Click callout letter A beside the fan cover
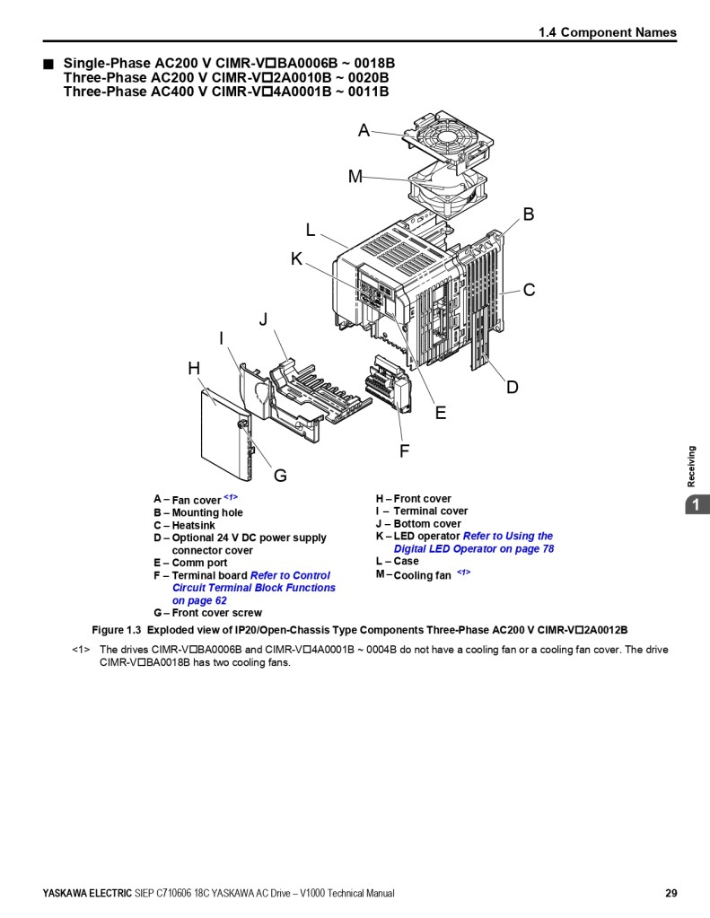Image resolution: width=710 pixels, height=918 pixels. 364,130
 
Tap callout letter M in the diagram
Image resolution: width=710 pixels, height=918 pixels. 355,176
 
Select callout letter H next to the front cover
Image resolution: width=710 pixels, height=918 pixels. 194,368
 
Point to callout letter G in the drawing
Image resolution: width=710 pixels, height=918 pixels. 281,476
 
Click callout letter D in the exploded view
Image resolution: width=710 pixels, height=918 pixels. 513,387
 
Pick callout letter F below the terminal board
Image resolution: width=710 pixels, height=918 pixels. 404,450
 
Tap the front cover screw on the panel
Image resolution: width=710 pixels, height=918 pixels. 241,424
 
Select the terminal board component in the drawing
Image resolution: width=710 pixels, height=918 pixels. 387,384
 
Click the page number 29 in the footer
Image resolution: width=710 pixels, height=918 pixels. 671,894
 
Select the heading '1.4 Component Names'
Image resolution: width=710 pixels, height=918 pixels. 608,33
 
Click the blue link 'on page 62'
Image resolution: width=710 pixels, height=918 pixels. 199,600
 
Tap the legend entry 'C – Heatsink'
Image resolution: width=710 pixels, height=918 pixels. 185,525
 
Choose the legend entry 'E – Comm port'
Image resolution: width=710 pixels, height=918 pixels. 190,563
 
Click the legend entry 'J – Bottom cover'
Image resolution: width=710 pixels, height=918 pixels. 418,524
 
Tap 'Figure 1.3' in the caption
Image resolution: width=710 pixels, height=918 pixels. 117,630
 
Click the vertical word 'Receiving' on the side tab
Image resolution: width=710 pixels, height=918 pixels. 692,467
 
